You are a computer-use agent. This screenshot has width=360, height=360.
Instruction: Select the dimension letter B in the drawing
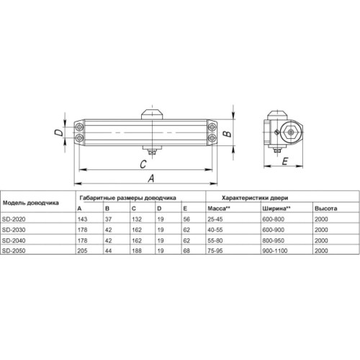click(x=225, y=133)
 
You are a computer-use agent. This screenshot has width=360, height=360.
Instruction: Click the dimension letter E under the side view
click(x=286, y=163)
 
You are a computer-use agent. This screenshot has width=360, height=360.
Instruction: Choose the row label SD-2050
click(x=17, y=250)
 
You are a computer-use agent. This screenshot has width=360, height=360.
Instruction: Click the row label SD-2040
click(x=17, y=240)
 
